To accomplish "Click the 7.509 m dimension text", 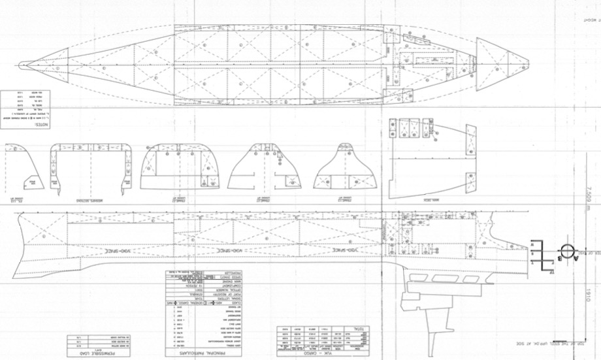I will [x=587, y=196].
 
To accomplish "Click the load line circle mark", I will [x=566, y=251].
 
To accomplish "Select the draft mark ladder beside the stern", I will [x=540, y=252].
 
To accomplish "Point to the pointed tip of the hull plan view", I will [x=21, y=65].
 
